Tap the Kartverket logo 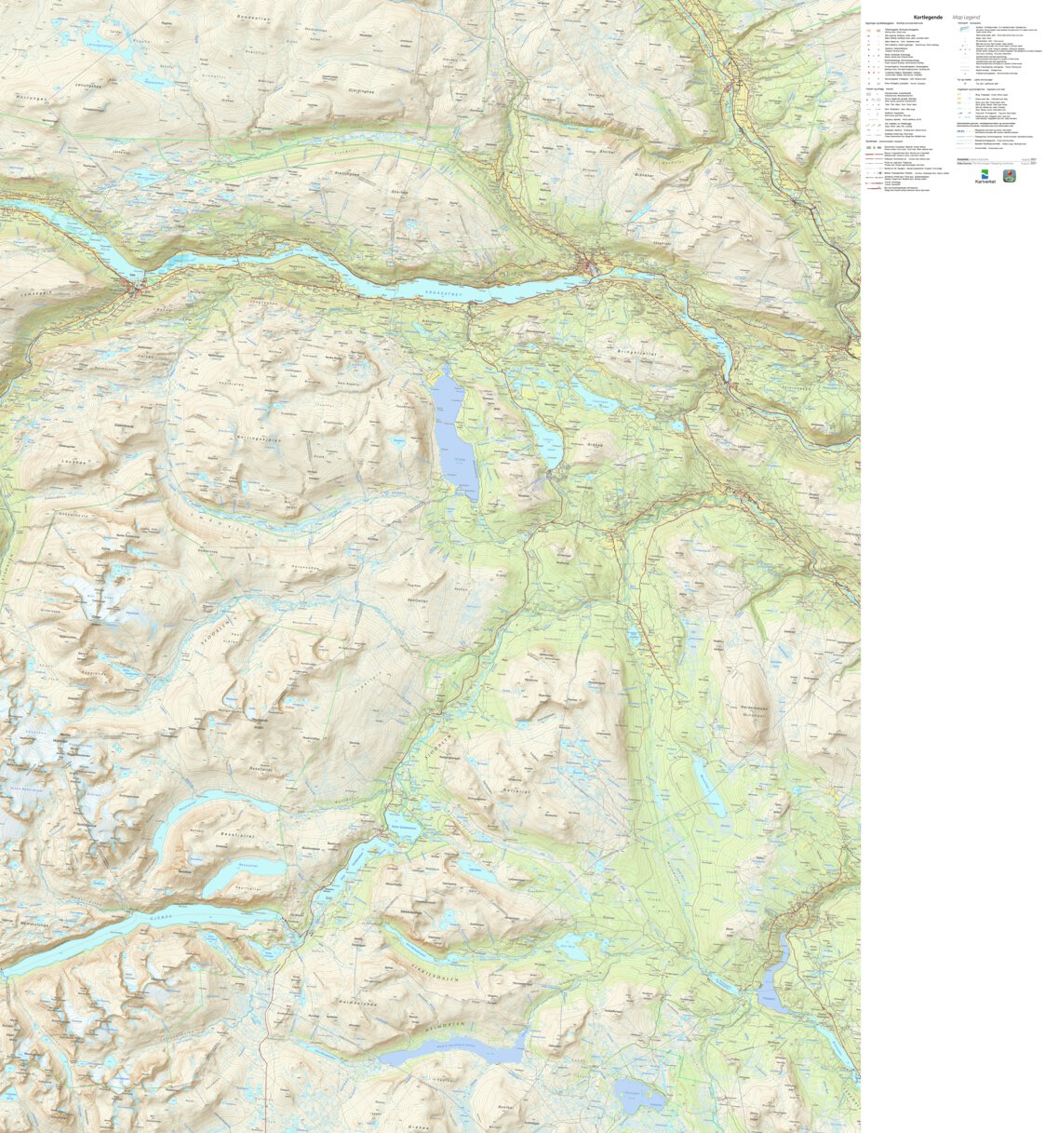point(985,176)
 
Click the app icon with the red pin point(1009,176)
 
